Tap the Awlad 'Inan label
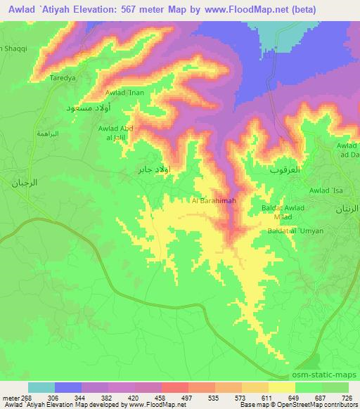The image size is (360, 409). coord(124,92)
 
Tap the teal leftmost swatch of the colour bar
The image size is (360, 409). coord(41,387)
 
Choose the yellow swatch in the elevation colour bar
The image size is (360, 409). coord(282,387)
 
